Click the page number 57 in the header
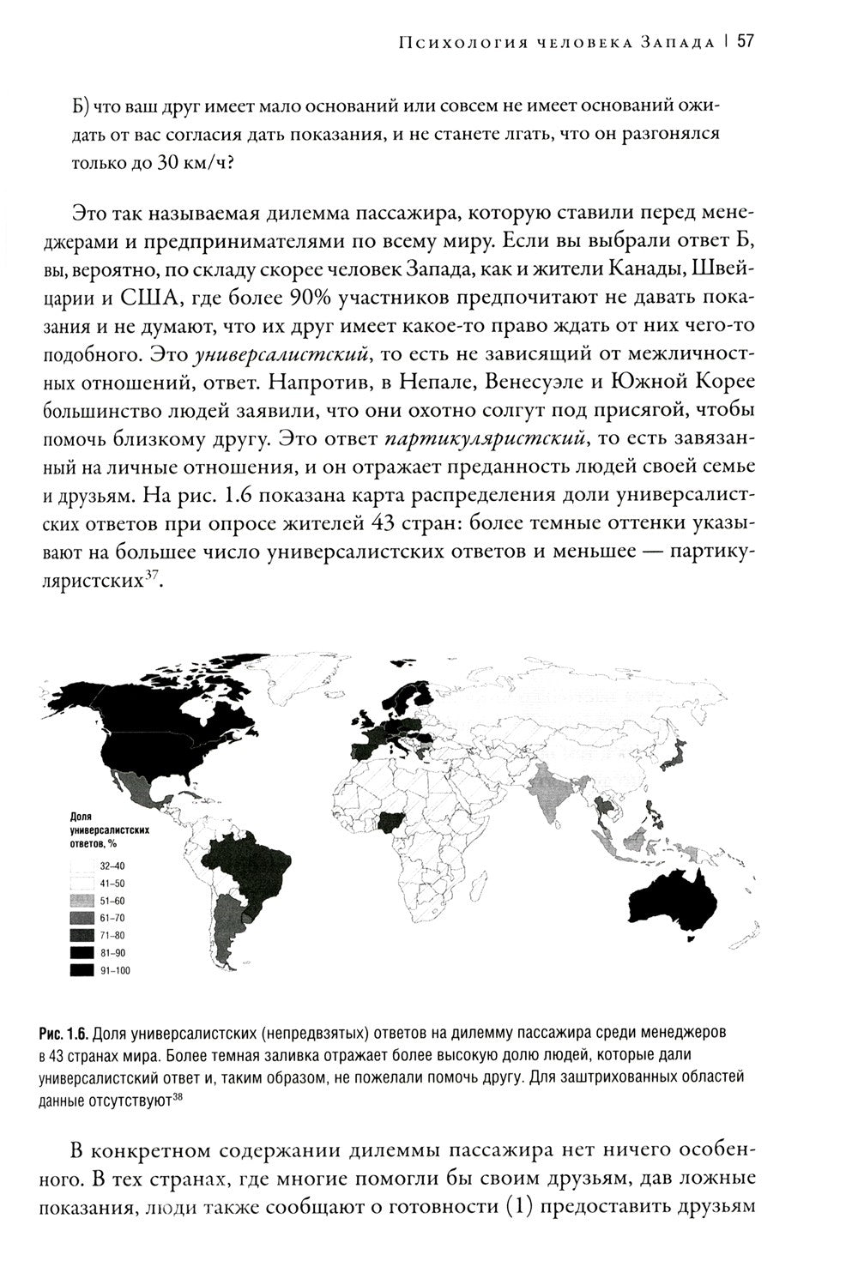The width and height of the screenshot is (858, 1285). (x=744, y=41)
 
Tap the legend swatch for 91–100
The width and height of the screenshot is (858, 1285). (x=82, y=970)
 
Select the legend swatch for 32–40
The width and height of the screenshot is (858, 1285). (x=82, y=866)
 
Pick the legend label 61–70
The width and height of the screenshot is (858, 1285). (x=112, y=919)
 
